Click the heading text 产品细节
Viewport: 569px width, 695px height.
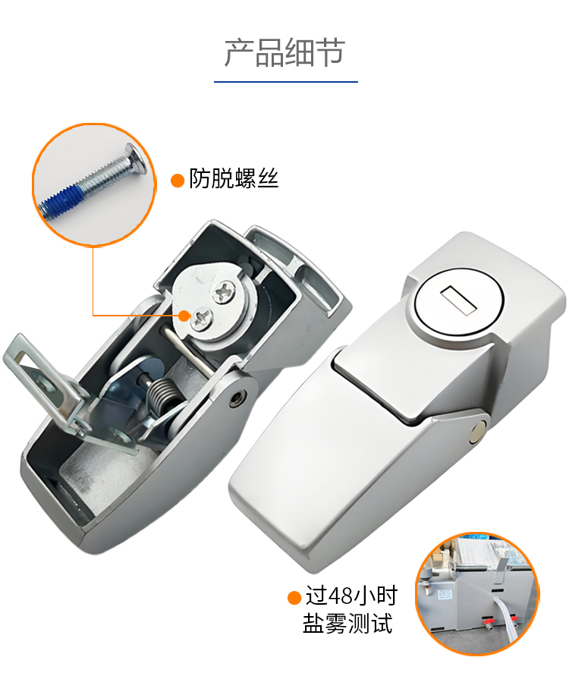pyautogui.click(x=284, y=53)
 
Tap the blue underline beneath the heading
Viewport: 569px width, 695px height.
pyautogui.click(x=286, y=82)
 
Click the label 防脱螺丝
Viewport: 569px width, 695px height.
pyautogui.click(x=234, y=178)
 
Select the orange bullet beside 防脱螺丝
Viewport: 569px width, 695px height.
pyautogui.click(x=178, y=181)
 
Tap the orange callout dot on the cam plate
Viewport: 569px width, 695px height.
pyautogui.click(x=184, y=316)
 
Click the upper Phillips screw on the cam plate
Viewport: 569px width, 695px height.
pyautogui.click(x=225, y=293)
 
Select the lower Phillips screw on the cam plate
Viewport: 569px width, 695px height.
pyautogui.click(x=203, y=318)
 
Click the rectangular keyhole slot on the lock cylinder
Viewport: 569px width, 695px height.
pyautogui.click(x=458, y=300)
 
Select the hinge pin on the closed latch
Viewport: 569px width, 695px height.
pyautogui.click(x=479, y=431)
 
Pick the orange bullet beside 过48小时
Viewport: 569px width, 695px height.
pyautogui.click(x=294, y=598)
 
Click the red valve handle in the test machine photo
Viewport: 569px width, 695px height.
pyautogui.click(x=489, y=621)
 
